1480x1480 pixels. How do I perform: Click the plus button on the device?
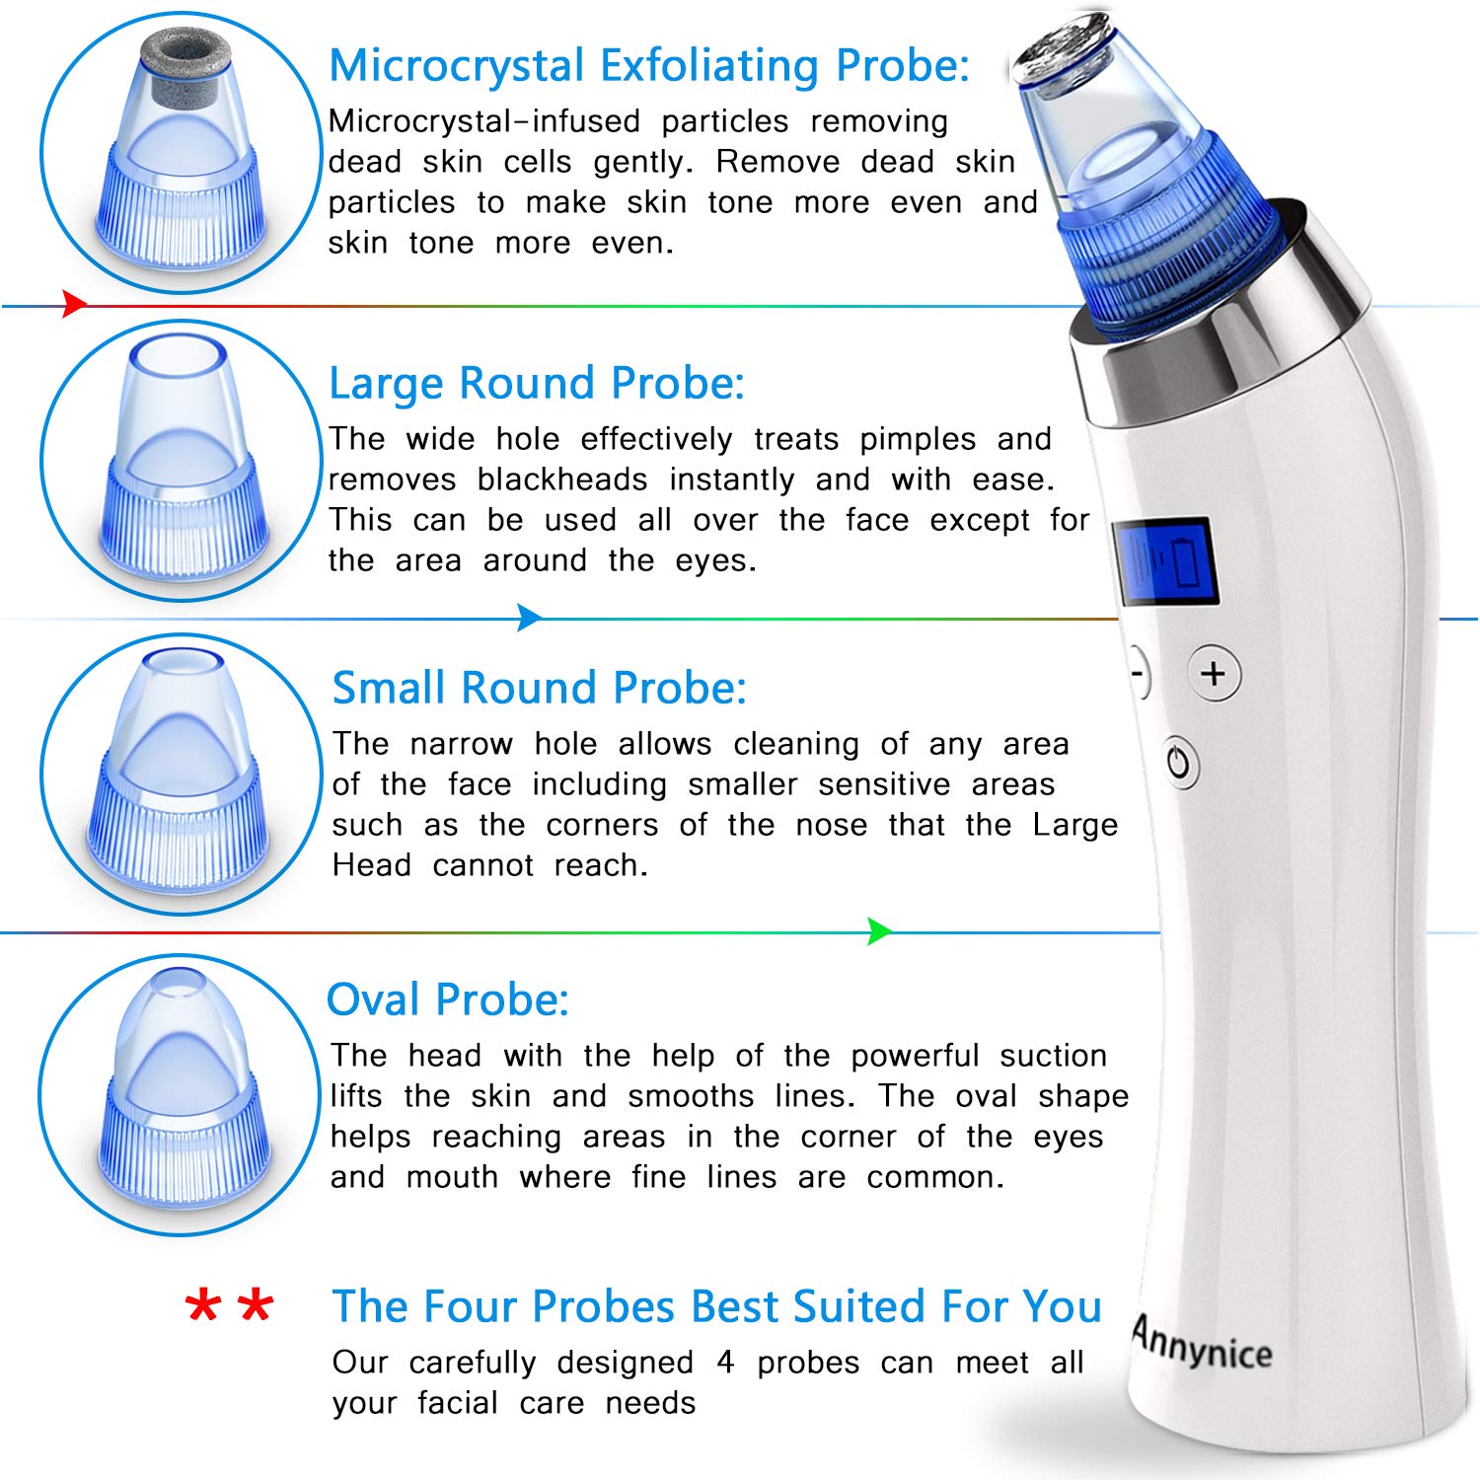(1213, 674)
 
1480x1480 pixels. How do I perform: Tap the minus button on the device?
(1139, 675)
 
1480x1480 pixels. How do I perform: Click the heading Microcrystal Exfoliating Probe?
(648, 67)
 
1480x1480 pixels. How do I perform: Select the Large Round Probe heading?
(536, 384)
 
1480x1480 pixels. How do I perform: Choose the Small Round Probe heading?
(539, 689)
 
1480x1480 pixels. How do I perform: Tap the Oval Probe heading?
(447, 1000)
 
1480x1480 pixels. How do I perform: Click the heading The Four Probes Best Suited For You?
(716, 1307)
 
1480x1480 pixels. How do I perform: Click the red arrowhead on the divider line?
(74, 304)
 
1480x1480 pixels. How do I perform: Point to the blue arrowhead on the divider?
(529, 619)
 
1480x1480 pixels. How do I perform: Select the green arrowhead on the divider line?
(878, 931)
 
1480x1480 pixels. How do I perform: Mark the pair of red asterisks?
(229, 1306)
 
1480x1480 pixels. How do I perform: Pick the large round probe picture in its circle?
(182, 459)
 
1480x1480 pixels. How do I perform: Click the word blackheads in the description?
(561, 481)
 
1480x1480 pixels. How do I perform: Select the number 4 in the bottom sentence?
(725, 1363)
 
